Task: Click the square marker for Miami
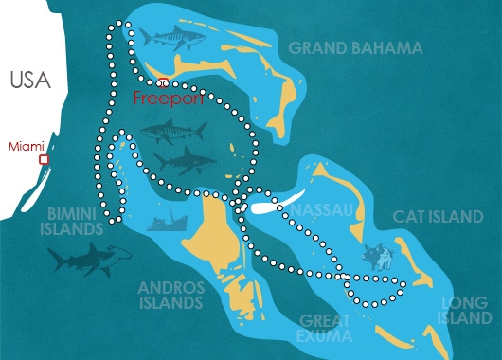pyautogui.click(x=44, y=160)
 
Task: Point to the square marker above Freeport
pyautogui.click(x=163, y=82)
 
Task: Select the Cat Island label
pyautogui.click(x=439, y=217)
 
